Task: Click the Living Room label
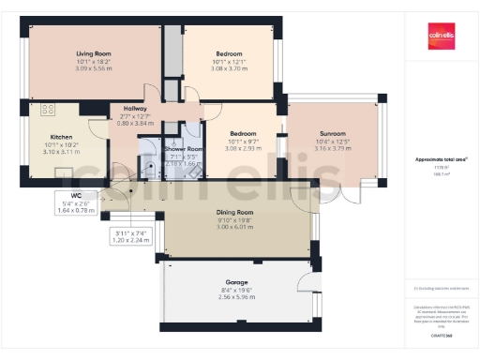tap(95, 54)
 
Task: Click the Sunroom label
tap(331, 133)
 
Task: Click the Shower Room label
tap(183, 149)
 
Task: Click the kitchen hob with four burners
tap(42, 110)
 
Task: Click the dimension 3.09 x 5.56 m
tap(95, 69)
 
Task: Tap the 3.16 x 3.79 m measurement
tap(331, 147)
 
